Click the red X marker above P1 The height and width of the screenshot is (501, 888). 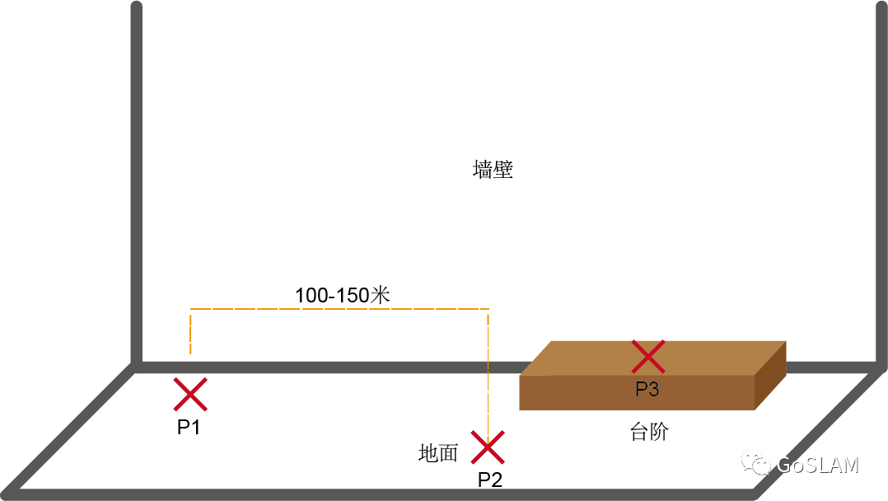tap(190, 395)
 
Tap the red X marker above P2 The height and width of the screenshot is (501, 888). tap(488, 447)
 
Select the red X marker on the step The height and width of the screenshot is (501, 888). tap(648, 357)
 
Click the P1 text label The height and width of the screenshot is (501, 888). tap(189, 428)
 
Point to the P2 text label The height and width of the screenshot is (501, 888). tap(490, 480)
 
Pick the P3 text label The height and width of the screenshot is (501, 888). tap(647, 389)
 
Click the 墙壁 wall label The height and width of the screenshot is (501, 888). tap(493, 171)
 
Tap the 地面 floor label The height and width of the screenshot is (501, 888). tap(437, 453)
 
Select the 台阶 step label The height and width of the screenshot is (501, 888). tap(648, 432)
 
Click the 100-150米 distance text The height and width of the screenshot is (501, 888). tap(342, 295)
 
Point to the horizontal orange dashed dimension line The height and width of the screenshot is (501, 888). tap(339, 310)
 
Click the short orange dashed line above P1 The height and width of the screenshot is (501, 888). tap(191, 331)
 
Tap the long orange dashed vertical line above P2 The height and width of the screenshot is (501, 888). tap(488, 371)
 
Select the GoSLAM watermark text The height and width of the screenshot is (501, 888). tap(818, 466)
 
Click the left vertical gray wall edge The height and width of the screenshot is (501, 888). tap(137, 181)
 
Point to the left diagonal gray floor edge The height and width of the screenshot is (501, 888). tap(70, 428)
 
